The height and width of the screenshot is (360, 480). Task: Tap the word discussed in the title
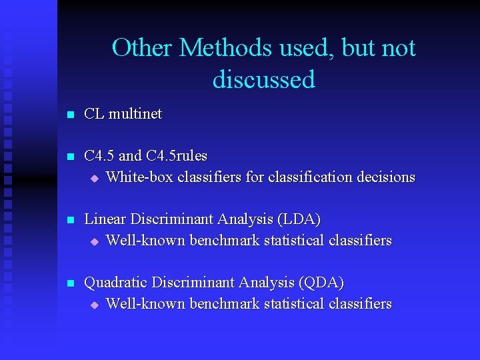[x=264, y=79]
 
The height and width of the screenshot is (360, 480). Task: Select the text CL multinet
[x=123, y=114]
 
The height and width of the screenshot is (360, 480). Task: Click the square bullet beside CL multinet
[x=69, y=115]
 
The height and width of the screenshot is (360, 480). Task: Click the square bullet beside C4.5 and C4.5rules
[x=69, y=157]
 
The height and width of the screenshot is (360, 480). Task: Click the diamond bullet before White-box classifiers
[x=94, y=179]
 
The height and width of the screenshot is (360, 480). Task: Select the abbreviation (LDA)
[x=297, y=219]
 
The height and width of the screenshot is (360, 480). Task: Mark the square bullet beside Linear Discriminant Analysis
[x=69, y=221]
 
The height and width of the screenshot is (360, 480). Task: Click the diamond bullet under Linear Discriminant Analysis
[x=94, y=241]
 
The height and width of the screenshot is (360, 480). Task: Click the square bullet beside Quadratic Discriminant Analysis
[x=69, y=284]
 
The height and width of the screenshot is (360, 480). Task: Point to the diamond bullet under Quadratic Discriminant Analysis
[x=94, y=305]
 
